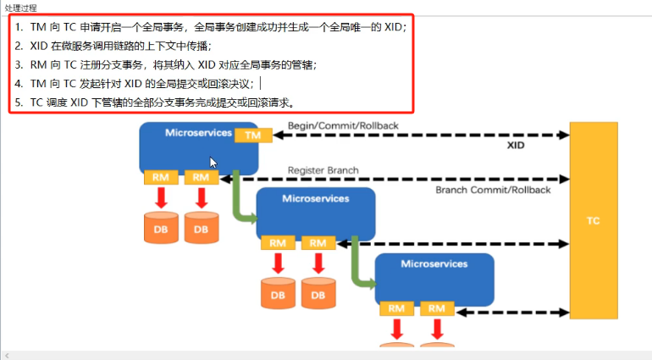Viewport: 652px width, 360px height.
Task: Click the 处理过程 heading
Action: pyautogui.click(x=21, y=7)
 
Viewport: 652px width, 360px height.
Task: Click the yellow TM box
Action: pyautogui.click(x=252, y=136)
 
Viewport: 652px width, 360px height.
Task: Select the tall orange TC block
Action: pyautogui.click(x=593, y=220)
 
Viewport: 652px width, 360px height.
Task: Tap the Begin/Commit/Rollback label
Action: pyautogui.click(x=343, y=125)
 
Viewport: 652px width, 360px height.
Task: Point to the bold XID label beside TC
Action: pyautogui.click(x=517, y=147)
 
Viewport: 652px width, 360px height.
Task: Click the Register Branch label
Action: pyautogui.click(x=323, y=170)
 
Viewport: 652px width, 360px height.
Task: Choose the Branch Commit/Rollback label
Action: pyautogui.click(x=493, y=190)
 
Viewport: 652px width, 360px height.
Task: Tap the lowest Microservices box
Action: pyautogui.click(x=434, y=275)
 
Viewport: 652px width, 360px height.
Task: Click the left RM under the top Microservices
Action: pyautogui.click(x=161, y=177)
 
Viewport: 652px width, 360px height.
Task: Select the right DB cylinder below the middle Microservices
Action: pyautogui.click(x=318, y=292)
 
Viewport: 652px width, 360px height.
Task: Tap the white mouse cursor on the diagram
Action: pyautogui.click(x=213, y=162)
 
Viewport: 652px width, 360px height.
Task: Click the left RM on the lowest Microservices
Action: pyautogui.click(x=396, y=308)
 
